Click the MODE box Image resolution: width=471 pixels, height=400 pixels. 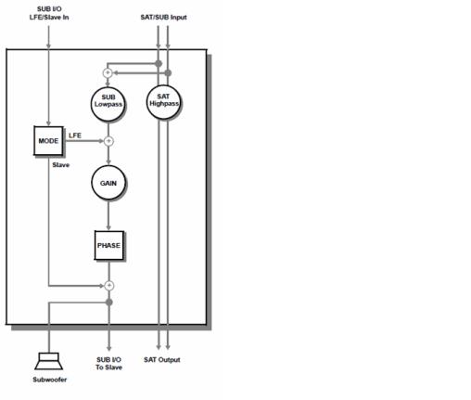(x=48, y=141)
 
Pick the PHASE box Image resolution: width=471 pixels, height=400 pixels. (x=109, y=245)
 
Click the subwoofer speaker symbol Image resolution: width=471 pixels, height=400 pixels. (x=49, y=361)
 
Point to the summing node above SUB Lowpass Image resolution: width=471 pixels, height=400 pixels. (x=108, y=73)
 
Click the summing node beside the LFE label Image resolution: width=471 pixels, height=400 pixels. (x=108, y=141)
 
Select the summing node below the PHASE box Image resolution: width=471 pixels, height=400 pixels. (x=109, y=286)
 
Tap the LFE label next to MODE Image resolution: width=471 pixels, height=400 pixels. (x=75, y=135)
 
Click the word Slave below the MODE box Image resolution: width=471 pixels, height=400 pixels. (x=61, y=165)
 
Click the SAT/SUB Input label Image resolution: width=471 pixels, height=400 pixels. (x=163, y=18)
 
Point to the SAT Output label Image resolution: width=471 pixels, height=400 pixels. (x=162, y=360)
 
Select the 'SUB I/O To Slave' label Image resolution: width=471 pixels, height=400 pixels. (x=108, y=364)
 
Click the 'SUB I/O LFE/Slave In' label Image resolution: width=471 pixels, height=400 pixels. (x=49, y=13)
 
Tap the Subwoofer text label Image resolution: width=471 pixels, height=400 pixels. (x=50, y=380)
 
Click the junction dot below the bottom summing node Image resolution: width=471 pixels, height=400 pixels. (x=109, y=303)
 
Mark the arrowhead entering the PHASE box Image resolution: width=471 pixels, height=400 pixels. (x=108, y=227)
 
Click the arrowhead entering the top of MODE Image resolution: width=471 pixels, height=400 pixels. (x=48, y=123)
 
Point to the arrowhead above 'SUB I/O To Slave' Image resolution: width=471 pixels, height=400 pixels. (x=108, y=348)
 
